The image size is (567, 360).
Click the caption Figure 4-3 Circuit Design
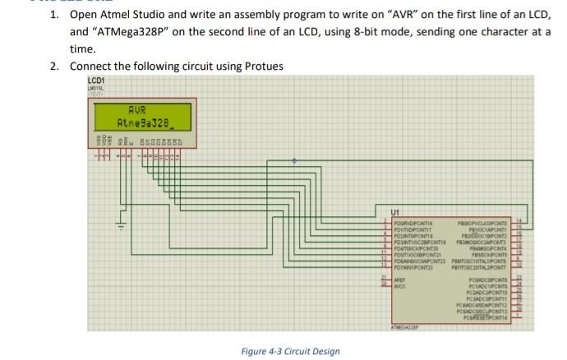[x=290, y=352]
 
